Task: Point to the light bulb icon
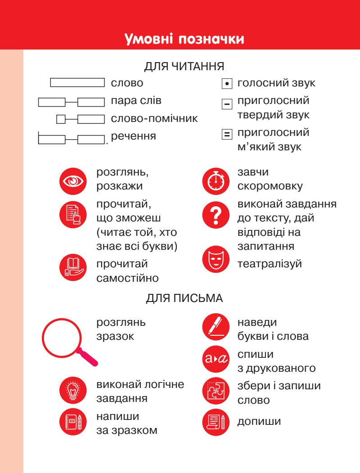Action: click(72, 389)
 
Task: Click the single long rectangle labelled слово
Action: click(77, 83)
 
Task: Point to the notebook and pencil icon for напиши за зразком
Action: click(72, 423)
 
